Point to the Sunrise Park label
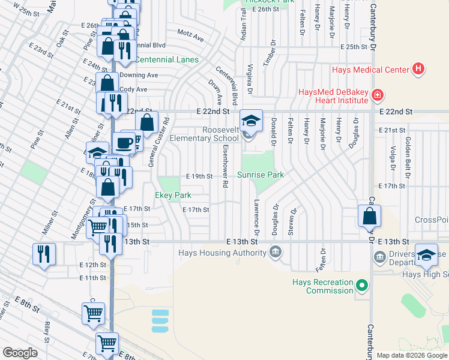coord(259,175)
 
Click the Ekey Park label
coord(173,195)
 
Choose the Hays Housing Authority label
coord(222,253)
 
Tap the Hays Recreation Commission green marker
coord(361,284)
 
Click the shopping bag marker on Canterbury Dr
coord(369,216)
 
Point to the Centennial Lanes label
coord(166,59)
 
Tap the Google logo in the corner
coord(20,352)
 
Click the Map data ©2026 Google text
coord(412,355)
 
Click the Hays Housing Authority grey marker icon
coord(276,250)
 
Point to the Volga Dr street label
coord(393,158)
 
